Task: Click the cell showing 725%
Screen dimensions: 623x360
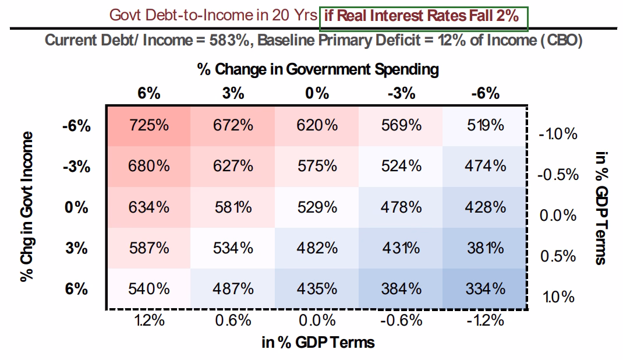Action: pos(148,126)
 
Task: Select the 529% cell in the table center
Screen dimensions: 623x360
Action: pos(317,207)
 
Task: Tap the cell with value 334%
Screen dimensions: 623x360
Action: pos(485,288)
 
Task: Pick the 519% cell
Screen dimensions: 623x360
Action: pos(485,126)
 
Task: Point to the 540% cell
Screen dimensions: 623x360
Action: pos(148,288)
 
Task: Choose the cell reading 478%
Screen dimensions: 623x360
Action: pos(401,207)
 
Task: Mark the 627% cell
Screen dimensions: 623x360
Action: pos(233,166)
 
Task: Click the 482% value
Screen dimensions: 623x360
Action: pos(317,248)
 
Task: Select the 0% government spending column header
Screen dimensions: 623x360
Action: pos(317,93)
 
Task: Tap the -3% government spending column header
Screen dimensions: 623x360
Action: pos(401,93)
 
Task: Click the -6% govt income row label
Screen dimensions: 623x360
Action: pos(76,126)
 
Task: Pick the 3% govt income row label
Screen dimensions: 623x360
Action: pos(76,248)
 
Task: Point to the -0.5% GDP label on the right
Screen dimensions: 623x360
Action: pos(558,174)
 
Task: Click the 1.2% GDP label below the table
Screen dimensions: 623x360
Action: pos(149,320)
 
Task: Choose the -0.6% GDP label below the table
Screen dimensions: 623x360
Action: pos(401,320)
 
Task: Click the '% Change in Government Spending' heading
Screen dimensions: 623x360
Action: pos(318,69)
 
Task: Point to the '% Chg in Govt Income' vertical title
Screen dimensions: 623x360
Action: pos(27,207)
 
